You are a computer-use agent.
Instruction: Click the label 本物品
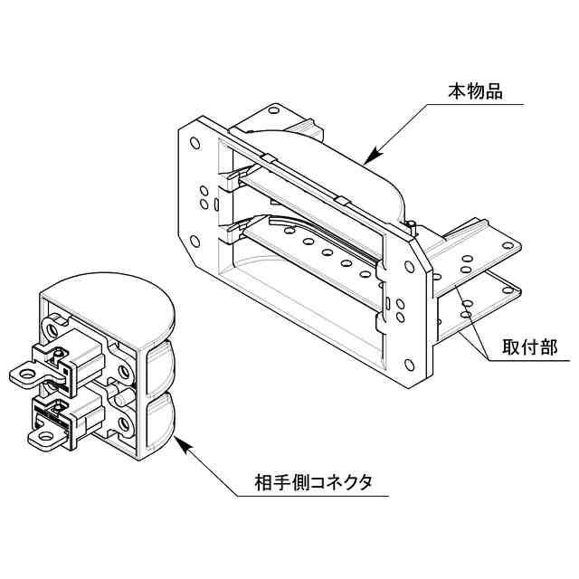point(475,91)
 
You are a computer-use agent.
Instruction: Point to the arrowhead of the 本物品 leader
point(368,159)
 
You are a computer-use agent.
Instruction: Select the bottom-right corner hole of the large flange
point(412,365)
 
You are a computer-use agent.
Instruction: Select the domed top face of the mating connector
point(109,293)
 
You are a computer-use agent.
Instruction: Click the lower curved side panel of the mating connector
point(161,421)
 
